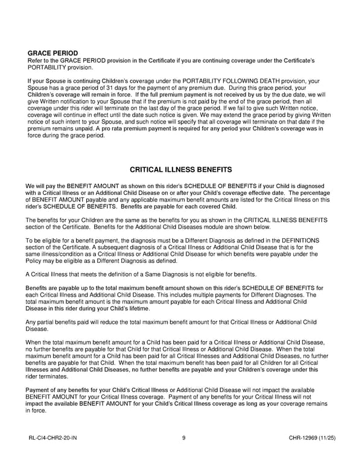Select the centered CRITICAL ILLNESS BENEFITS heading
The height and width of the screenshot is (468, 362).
click(181, 170)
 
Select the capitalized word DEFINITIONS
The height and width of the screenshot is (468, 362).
click(300, 241)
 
